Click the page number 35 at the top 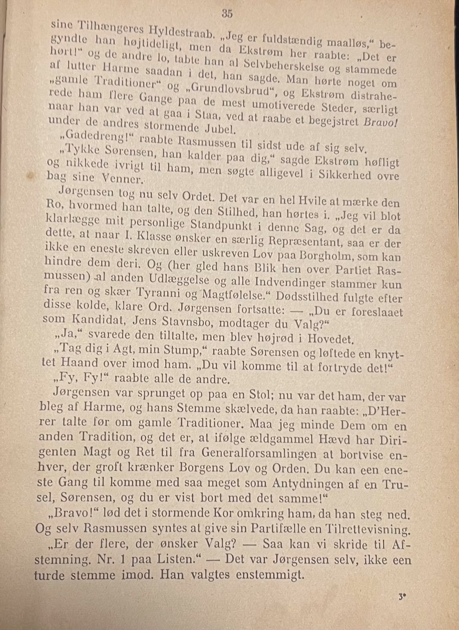pos(227,14)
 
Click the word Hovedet pos(331,339)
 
